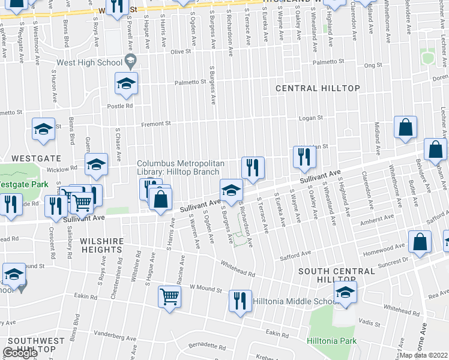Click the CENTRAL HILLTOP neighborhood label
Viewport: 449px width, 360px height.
coord(318,88)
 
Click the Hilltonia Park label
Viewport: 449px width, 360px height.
coord(331,341)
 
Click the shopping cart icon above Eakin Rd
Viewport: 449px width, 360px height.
coord(170,295)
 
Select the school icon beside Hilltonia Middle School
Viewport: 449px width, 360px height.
coord(345,292)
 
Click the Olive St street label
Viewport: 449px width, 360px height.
coord(180,52)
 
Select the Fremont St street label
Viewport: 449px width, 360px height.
coord(156,124)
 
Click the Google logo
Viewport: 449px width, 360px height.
coord(20,352)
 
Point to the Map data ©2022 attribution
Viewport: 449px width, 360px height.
coord(424,355)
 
